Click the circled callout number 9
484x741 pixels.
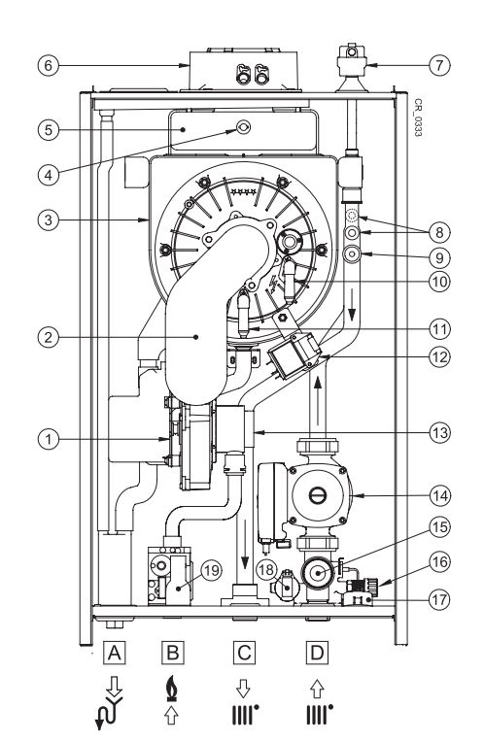pyautogui.click(x=441, y=258)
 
